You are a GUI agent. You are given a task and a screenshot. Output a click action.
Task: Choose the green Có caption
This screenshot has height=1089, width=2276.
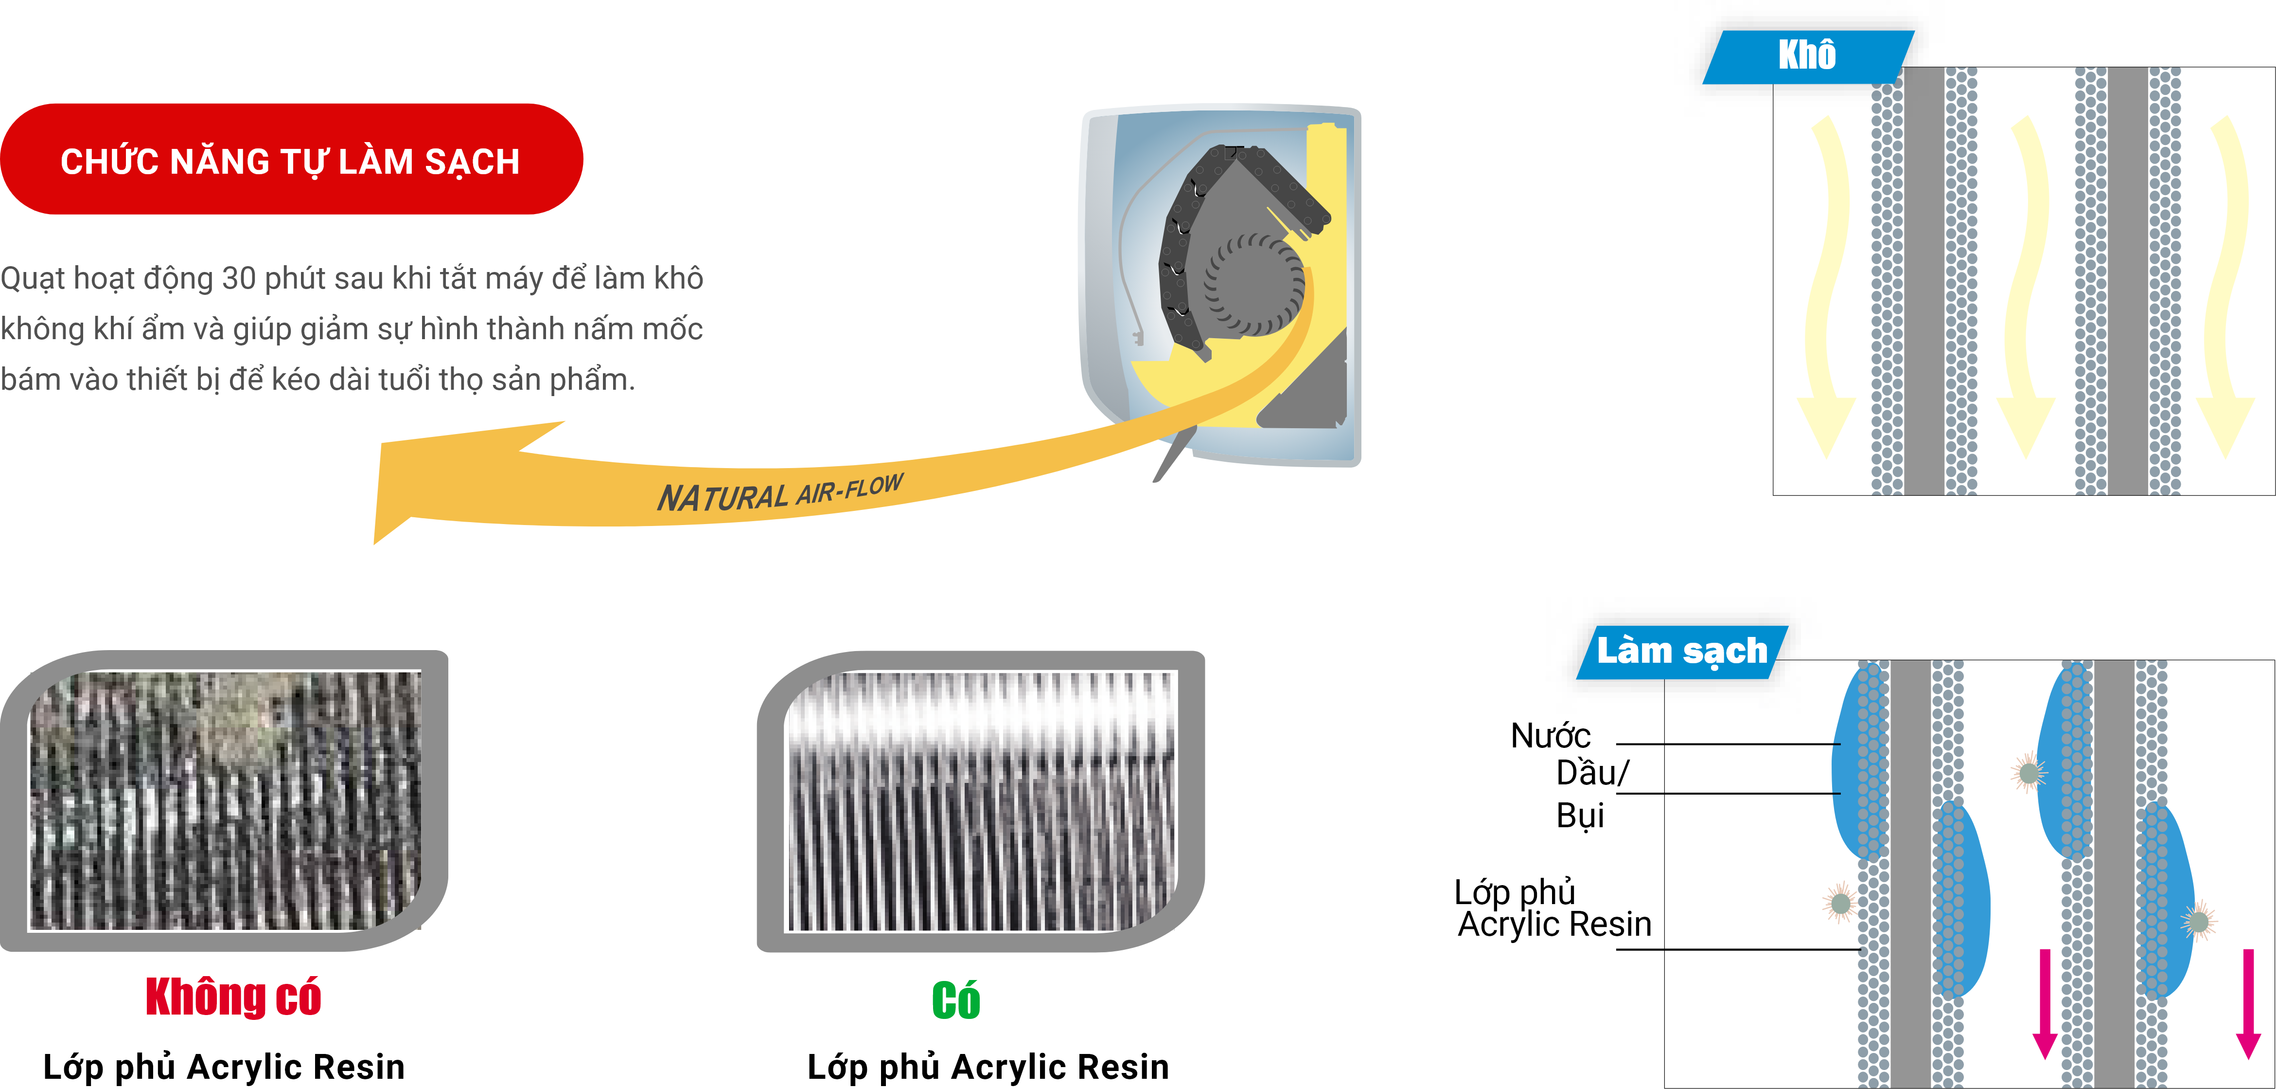pos(956,1000)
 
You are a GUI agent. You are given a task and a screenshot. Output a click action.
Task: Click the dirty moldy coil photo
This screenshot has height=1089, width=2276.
pos(225,800)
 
